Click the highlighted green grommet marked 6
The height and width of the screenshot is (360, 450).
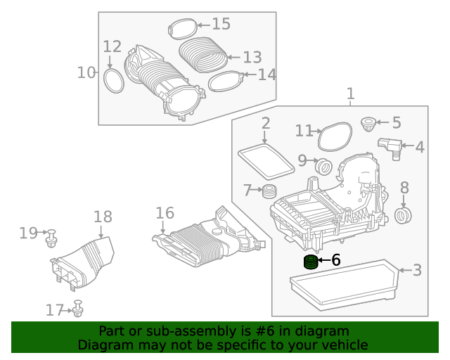pos(310,263)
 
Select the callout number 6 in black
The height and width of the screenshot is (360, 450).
pos(335,260)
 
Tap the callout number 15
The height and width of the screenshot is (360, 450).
pos(221,25)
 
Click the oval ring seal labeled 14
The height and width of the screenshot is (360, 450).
pos(226,80)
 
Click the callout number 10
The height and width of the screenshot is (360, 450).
pos(85,72)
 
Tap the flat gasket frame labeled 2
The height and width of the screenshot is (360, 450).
pos(266,160)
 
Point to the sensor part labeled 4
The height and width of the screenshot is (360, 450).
pos(389,146)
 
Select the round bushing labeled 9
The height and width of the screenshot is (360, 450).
pos(324,167)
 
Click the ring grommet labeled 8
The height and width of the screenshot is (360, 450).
pos(404,214)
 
